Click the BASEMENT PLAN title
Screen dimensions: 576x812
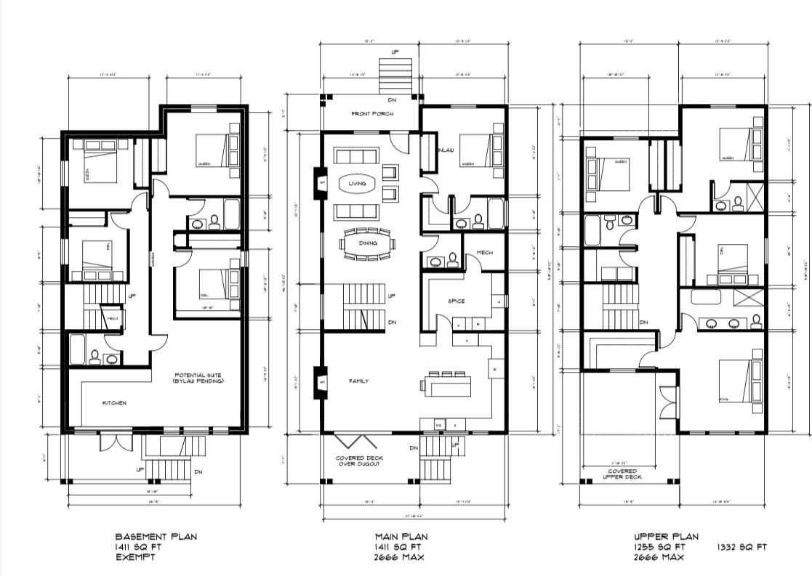[155, 537]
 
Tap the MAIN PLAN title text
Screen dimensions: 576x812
[401, 537]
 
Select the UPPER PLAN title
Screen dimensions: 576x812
[665, 537]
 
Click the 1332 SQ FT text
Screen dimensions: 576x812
[741, 547]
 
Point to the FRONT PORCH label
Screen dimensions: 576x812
[372, 114]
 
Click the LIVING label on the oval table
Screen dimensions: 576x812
[357, 184]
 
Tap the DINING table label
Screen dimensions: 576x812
[367, 243]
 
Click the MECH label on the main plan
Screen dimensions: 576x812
[485, 253]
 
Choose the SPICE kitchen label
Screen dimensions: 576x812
[456, 301]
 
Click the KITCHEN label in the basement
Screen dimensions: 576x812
[114, 402]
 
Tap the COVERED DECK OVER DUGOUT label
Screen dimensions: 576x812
[359, 461]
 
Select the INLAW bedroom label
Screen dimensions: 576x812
[446, 150]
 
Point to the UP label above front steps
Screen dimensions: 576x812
[395, 53]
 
